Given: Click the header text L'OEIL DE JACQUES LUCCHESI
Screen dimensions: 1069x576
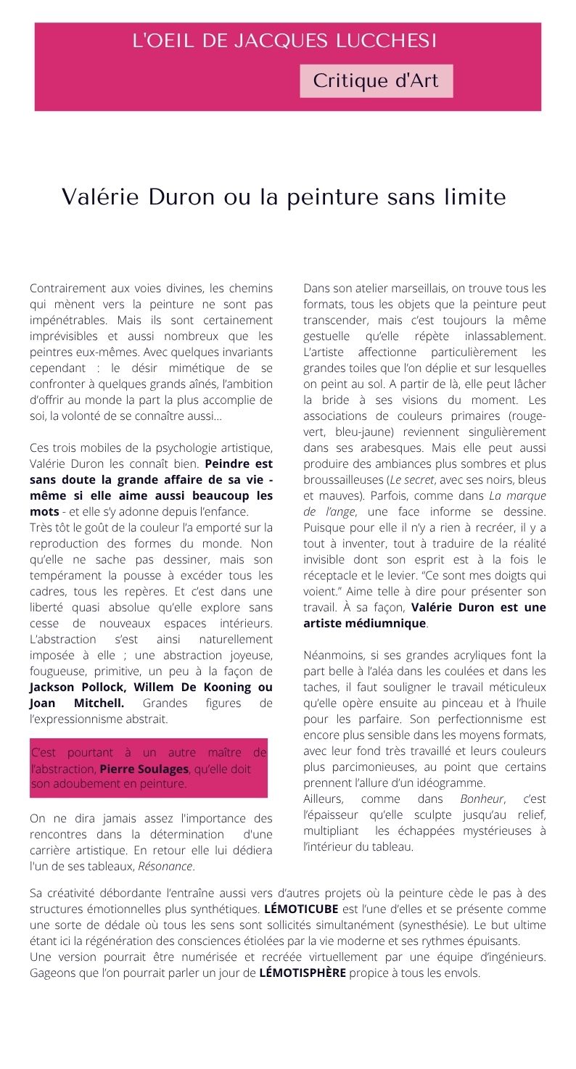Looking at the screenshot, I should pyautogui.click(x=284, y=41).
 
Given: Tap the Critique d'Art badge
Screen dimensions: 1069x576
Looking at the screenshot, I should pyautogui.click(x=376, y=81).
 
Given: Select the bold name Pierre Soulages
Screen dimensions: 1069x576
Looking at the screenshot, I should pyautogui.click(x=144, y=769).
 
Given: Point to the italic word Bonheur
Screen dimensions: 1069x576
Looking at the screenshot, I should pyautogui.click(x=482, y=798).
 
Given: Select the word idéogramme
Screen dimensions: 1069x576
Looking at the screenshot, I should pyautogui.click(x=448, y=783).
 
